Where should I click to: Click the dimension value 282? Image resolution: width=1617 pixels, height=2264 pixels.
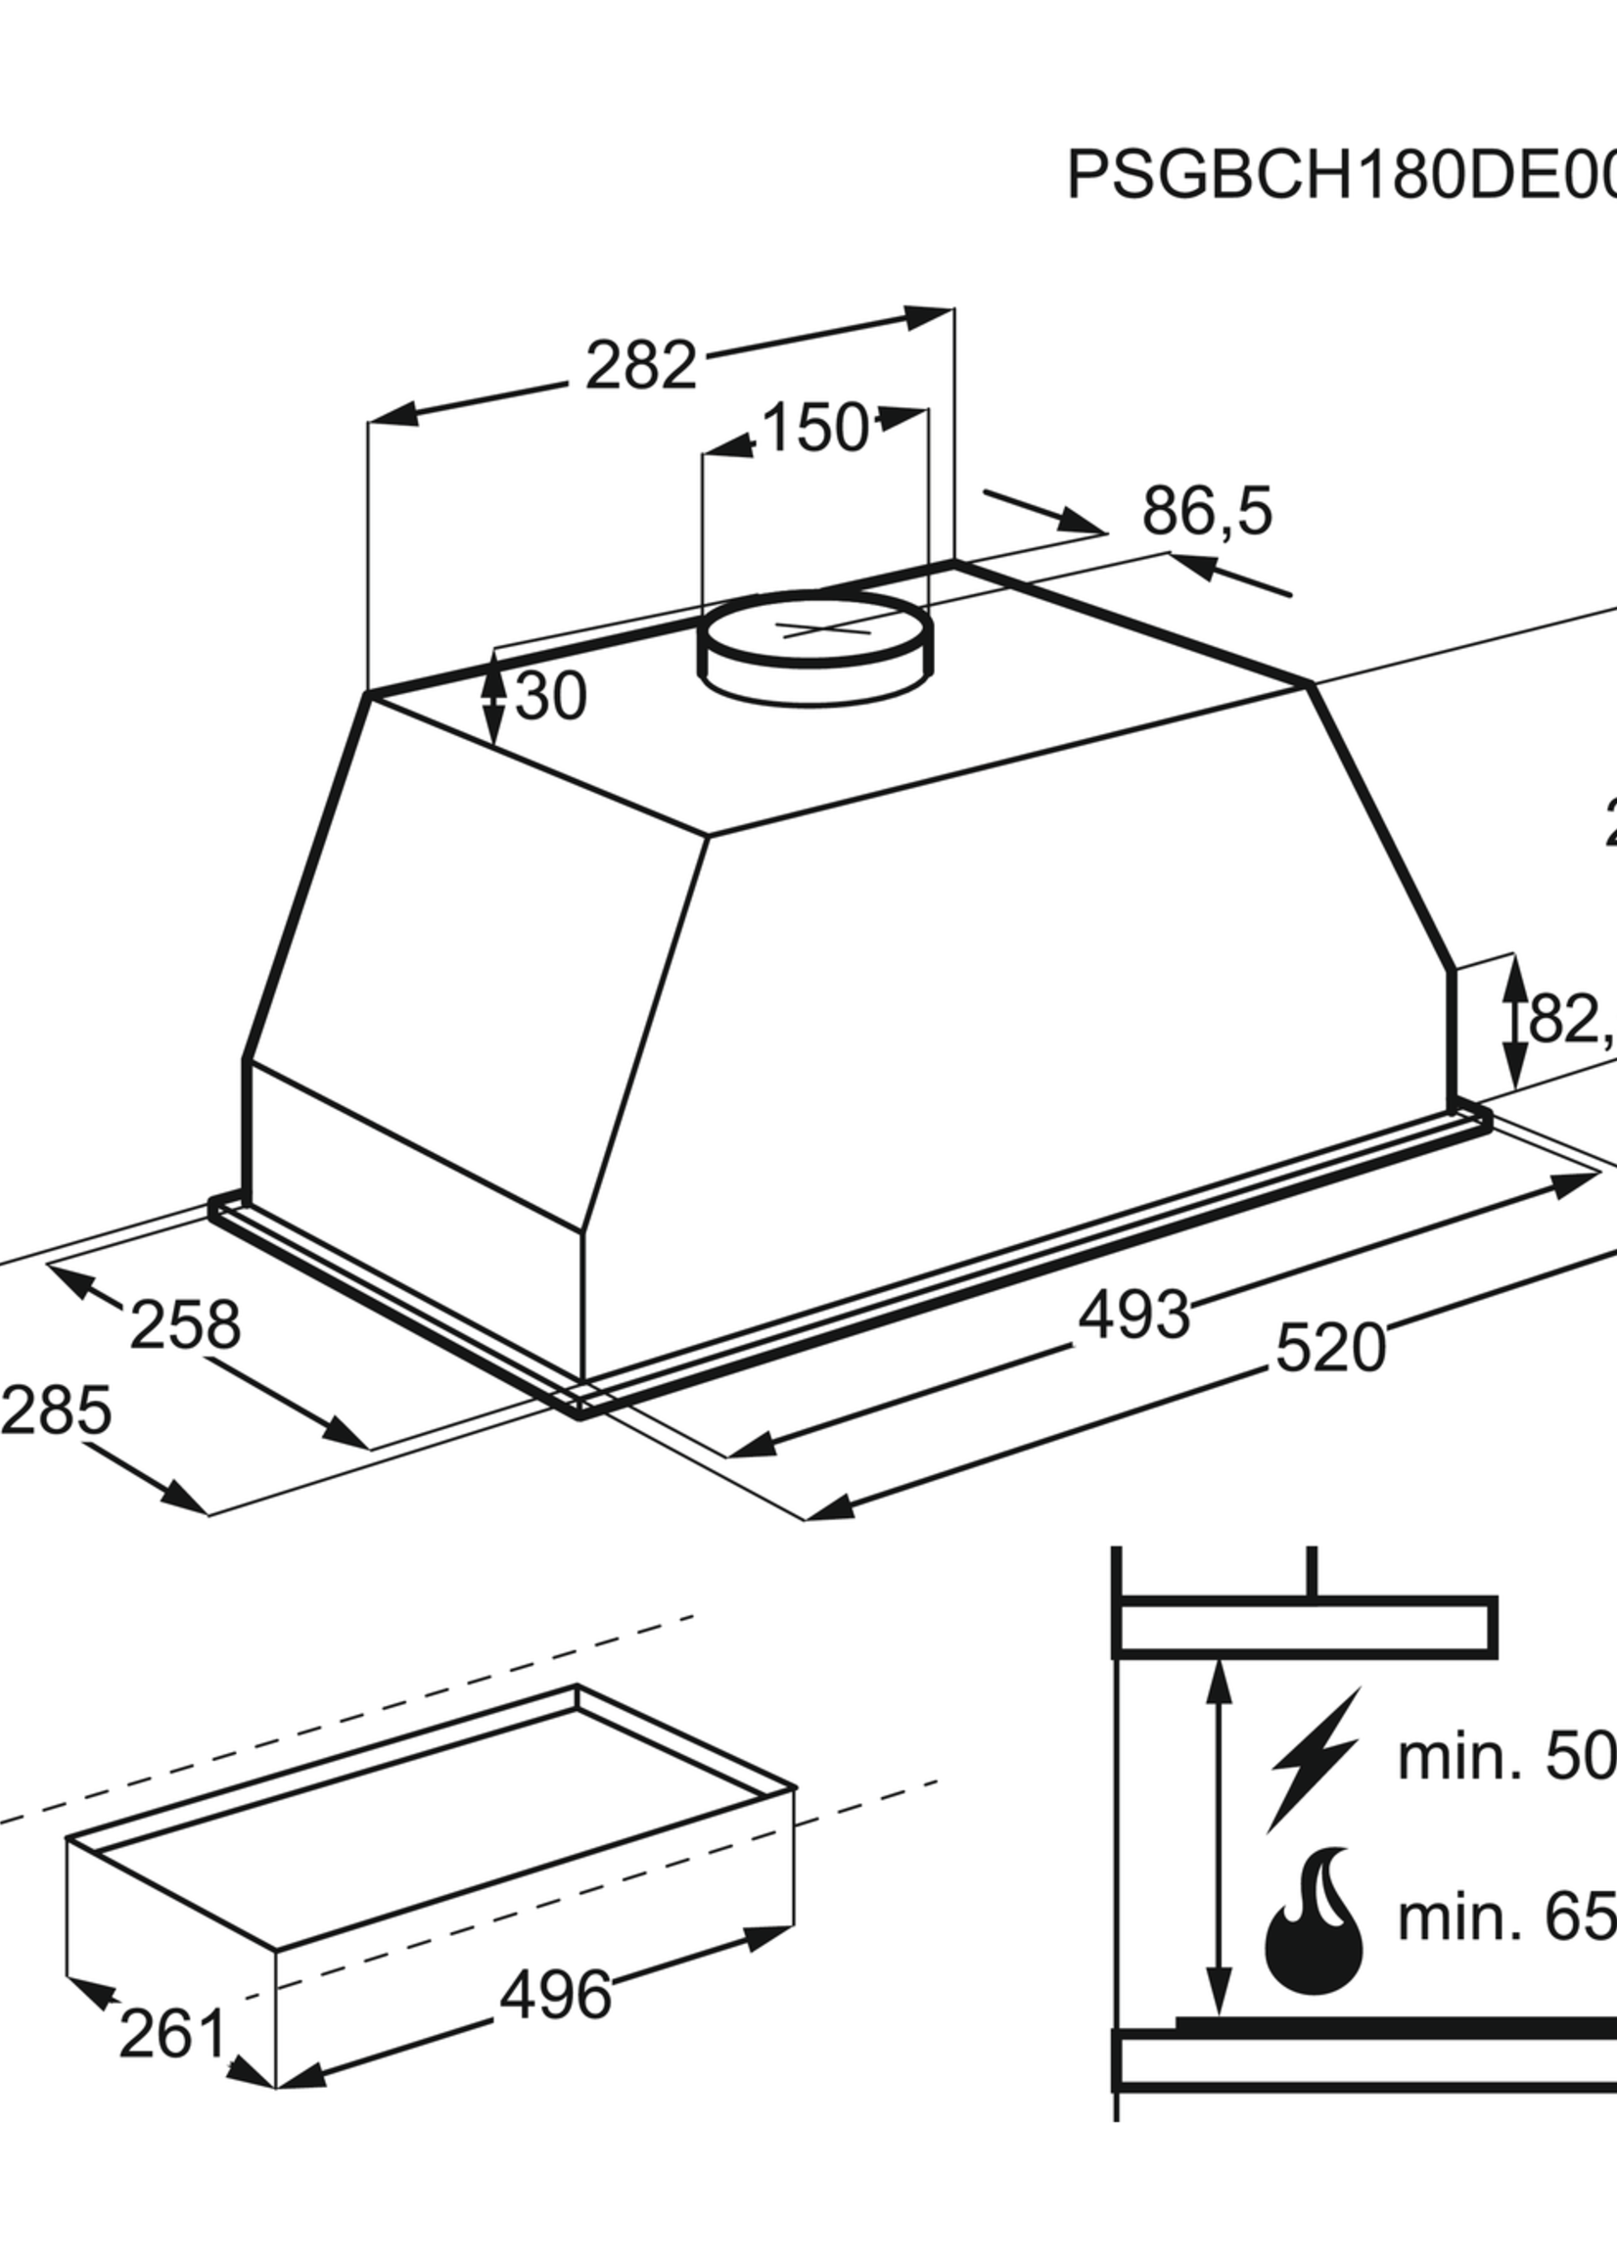(x=640, y=365)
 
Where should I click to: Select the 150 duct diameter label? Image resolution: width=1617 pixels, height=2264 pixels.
(x=813, y=429)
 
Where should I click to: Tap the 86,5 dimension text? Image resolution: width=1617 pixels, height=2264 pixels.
(x=1207, y=512)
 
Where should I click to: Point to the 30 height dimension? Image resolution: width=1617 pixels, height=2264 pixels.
(x=551, y=697)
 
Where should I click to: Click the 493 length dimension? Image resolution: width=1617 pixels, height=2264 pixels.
(x=1135, y=1316)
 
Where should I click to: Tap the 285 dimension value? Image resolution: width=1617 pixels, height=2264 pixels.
(x=56, y=1411)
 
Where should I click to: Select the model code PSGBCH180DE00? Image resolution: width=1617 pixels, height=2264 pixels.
(x=1339, y=177)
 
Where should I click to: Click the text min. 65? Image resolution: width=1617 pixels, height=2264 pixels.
(x=1503, y=1915)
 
